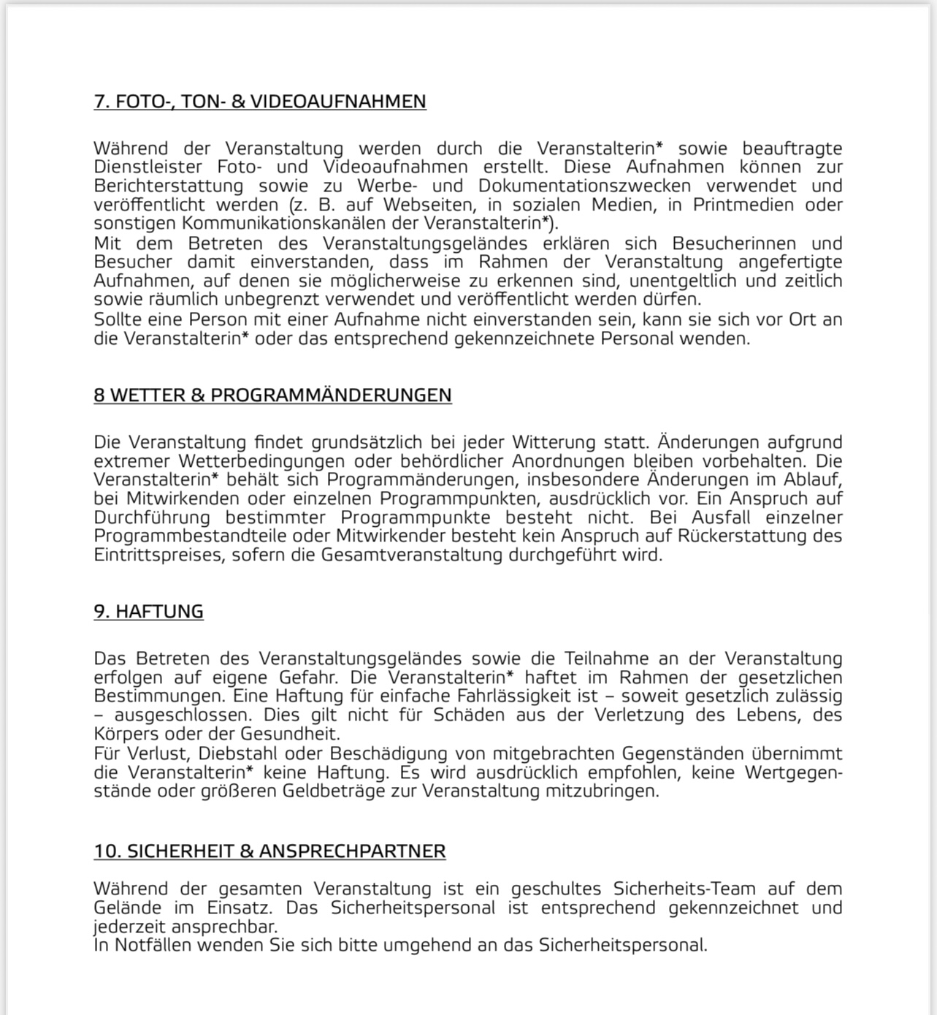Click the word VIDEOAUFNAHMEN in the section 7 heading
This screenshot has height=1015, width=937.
pos(338,102)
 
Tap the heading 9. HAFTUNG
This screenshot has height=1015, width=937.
pos(148,612)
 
